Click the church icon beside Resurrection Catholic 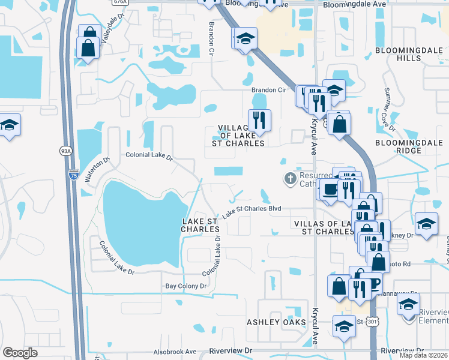click(x=290, y=178)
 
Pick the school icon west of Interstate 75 click(x=9, y=125)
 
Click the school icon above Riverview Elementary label click(x=408, y=304)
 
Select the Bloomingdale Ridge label click(x=411, y=148)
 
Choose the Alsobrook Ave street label click(x=174, y=352)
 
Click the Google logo click(x=20, y=353)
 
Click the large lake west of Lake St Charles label click(x=139, y=222)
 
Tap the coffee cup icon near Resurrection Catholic click(x=330, y=190)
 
